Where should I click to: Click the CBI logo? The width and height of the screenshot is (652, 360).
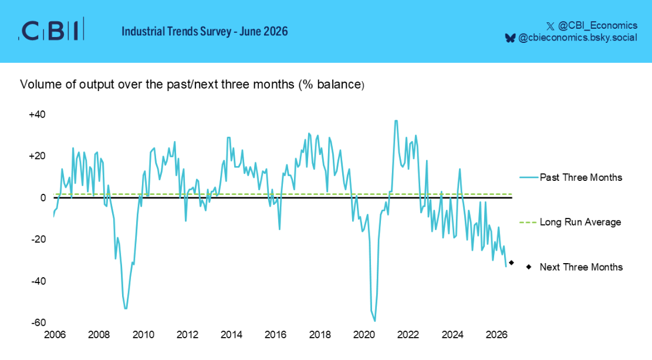pos(51,30)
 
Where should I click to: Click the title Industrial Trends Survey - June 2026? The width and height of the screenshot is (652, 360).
pos(205,31)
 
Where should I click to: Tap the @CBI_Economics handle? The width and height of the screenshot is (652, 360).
pos(597,26)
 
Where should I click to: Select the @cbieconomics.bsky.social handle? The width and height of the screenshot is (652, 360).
pos(577,38)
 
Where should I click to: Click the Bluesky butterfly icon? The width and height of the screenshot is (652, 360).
pos(510,38)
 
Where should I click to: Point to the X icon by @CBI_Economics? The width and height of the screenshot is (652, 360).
pos(550,26)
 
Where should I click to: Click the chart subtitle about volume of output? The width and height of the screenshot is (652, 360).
pos(192,85)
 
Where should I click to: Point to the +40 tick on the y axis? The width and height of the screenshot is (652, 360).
pos(37,115)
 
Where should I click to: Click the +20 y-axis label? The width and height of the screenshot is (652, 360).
pos(37,156)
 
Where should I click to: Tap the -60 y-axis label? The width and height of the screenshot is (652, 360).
pos(38,322)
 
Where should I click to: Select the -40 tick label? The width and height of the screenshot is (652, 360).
pos(38,281)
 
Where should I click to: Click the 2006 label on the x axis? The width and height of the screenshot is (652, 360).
pos(55,335)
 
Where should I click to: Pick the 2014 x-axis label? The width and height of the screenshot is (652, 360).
pos(232,335)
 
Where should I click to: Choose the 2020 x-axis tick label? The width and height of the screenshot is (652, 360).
pos(364,335)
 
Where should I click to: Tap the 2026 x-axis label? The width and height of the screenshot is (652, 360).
pos(496,335)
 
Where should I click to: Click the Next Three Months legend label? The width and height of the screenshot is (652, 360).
pos(582,267)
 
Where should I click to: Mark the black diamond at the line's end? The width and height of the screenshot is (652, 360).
pos(512,263)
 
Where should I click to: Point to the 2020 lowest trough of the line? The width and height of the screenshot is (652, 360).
pos(375,321)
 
